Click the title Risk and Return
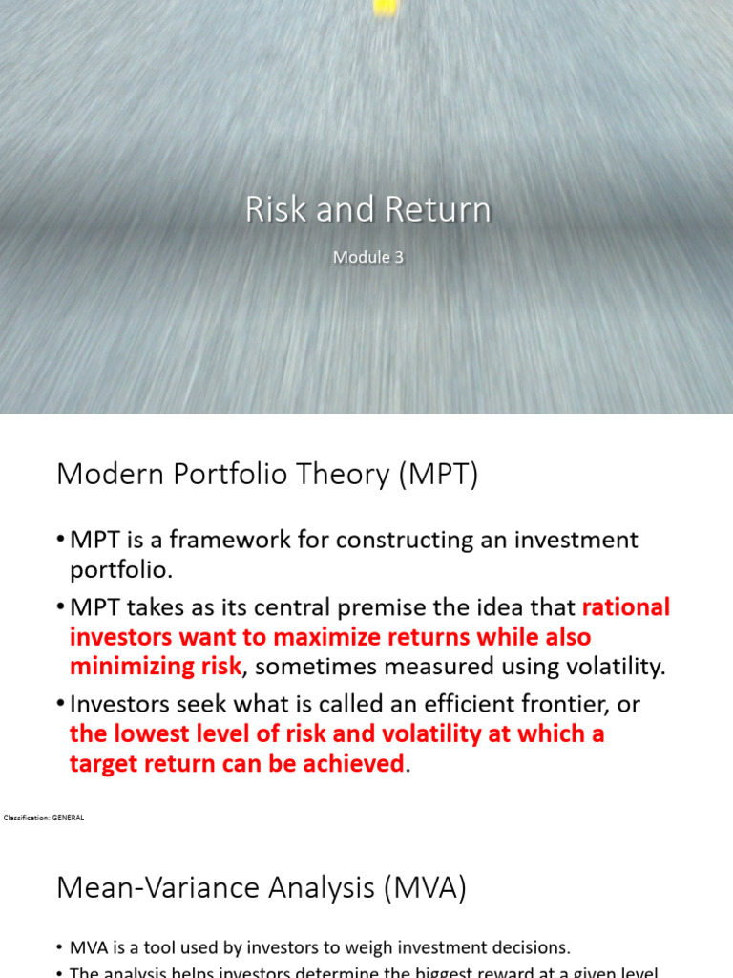367,210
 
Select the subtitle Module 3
367,258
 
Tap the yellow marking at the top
385,7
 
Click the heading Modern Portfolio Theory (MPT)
267,474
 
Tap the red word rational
626,607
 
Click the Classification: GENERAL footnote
44,818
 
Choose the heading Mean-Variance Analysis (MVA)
262,887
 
